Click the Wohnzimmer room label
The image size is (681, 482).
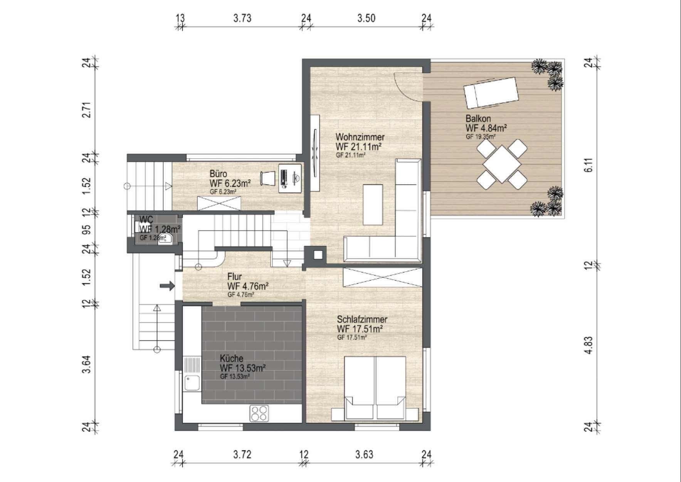pyautogui.click(x=360, y=137)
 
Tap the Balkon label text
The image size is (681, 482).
pyautogui.click(x=478, y=118)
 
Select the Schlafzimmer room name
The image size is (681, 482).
pyautogui.click(x=362, y=319)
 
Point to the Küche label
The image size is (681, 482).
pyautogui.click(x=231, y=358)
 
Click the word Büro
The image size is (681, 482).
pyautogui.click(x=218, y=174)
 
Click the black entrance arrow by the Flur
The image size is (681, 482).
pyautogui.click(x=167, y=286)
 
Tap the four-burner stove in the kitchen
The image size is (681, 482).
pyautogui.click(x=259, y=413)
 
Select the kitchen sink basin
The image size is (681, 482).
pyautogui.click(x=192, y=383)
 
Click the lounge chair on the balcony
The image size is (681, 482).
pyautogui.click(x=491, y=93)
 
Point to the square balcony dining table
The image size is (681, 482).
pyautogui.click(x=501, y=164)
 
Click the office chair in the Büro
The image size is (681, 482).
pyautogui.click(x=268, y=178)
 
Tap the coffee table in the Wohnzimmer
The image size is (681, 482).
pyautogui.click(x=373, y=205)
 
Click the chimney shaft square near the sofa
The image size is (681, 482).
pyautogui.click(x=318, y=255)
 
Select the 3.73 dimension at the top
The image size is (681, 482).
pyautogui.click(x=242, y=18)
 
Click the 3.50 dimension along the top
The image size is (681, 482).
pyautogui.click(x=366, y=18)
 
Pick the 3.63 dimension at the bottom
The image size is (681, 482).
pyautogui.click(x=364, y=454)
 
